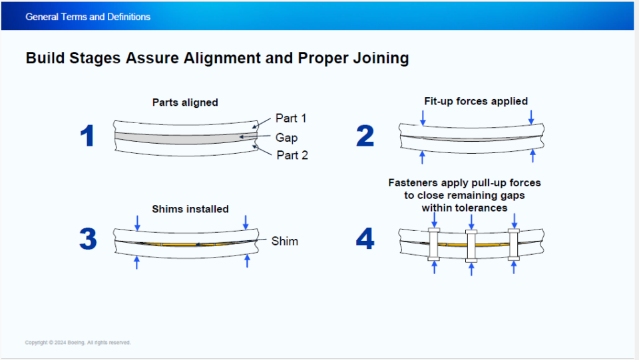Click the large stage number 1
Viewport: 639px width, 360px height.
pos(87,136)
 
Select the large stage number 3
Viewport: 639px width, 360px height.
pos(88,240)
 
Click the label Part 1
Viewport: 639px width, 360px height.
pos(292,118)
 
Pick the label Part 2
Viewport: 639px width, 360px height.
pos(292,155)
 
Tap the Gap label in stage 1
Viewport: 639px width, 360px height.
pos(286,138)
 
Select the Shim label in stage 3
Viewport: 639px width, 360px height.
pos(285,241)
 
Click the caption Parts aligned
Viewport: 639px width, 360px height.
pos(185,102)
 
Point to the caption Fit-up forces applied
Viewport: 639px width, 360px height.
pos(476,101)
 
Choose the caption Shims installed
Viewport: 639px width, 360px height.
pos(190,209)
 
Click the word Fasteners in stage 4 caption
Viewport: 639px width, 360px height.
pos(416,182)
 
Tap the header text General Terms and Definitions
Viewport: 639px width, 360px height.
pos(88,17)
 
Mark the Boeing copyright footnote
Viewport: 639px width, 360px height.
pos(78,343)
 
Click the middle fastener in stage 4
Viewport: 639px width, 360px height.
pos(472,247)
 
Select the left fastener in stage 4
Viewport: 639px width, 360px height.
pos(434,244)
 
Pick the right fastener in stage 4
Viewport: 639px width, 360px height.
pos(513,244)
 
